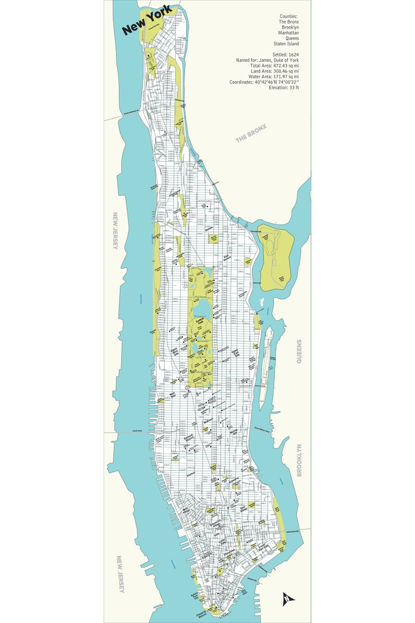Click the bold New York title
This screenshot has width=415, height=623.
point(147,24)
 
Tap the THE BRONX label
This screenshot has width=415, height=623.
point(251,133)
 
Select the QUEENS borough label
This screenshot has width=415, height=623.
point(299,350)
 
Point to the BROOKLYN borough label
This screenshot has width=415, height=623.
point(299,460)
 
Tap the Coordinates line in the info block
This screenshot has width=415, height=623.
point(264,82)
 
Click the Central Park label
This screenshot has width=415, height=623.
point(200,323)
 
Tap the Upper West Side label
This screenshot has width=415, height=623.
point(175,353)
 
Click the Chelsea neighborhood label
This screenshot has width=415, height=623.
point(190,474)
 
